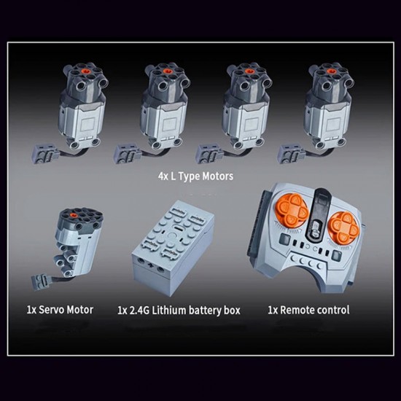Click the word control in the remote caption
[335, 310]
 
